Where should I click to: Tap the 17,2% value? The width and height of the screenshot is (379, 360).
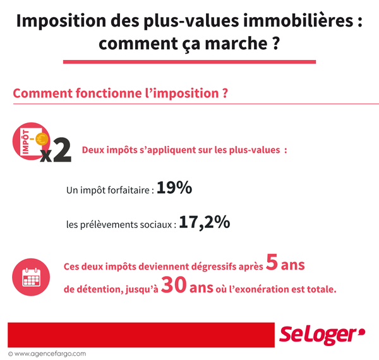click(204, 223)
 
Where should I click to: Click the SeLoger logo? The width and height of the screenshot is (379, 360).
click(322, 335)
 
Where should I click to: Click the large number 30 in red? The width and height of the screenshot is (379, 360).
click(173, 287)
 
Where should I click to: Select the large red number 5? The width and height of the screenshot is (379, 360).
click(272, 264)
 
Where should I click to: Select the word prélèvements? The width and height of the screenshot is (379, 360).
click(121, 225)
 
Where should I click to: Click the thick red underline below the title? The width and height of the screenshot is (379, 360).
click(189, 61)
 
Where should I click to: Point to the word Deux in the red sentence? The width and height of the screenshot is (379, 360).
click(94, 152)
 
